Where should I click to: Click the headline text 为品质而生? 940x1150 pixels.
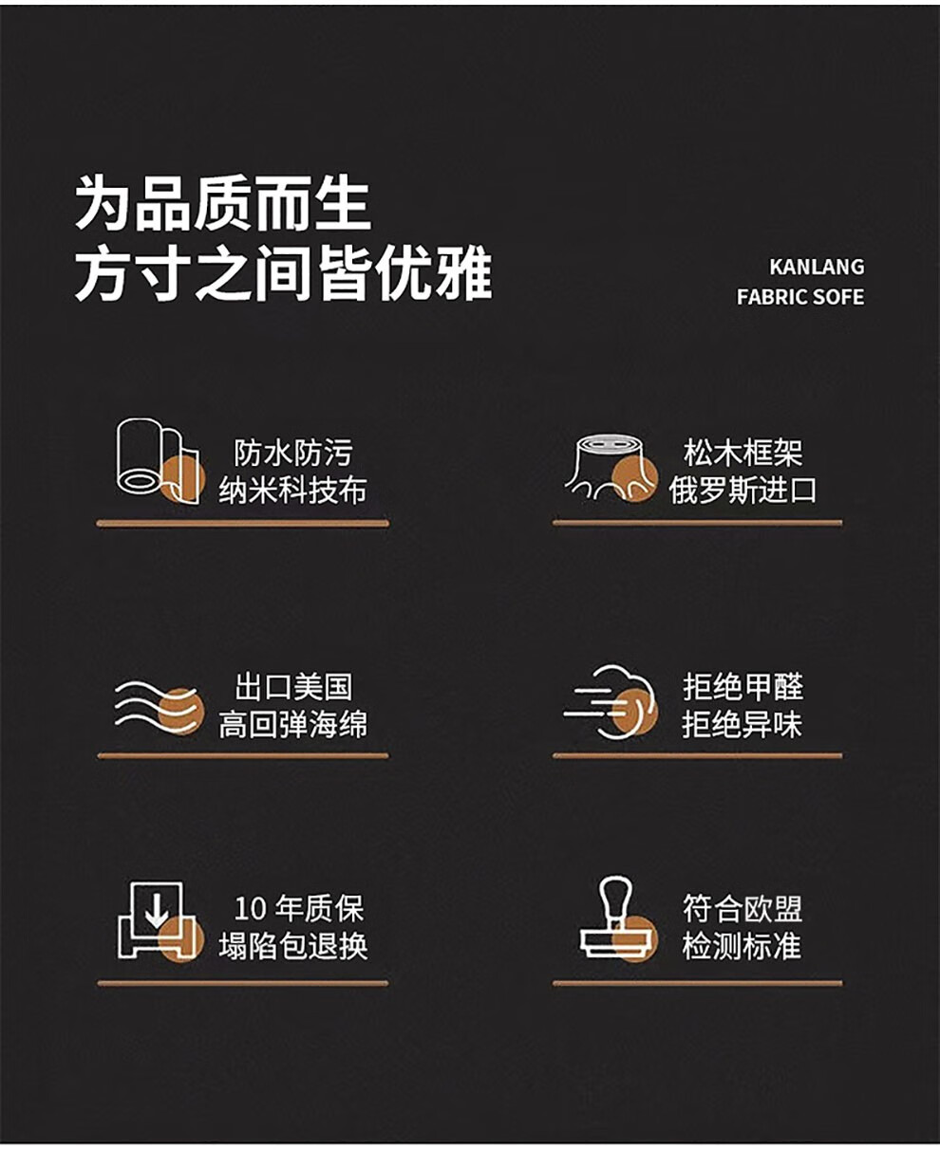(x=223, y=204)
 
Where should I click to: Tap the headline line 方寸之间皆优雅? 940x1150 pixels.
(x=284, y=273)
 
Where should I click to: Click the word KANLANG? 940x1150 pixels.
(x=817, y=268)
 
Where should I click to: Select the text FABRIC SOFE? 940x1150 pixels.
(x=800, y=297)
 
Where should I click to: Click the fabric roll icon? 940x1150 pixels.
(x=160, y=461)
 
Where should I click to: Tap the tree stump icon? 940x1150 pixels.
(x=611, y=468)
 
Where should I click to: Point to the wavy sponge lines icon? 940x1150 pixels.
(x=160, y=707)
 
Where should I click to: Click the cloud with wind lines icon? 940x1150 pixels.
(x=611, y=702)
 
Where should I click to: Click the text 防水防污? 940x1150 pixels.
(x=293, y=453)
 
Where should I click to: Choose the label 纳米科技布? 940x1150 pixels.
(x=293, y=491)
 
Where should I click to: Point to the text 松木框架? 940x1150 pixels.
(x=743, y=453)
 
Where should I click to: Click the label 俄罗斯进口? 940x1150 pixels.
(x=743, y=491)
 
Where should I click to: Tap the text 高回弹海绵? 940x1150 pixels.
(x=293, y=724)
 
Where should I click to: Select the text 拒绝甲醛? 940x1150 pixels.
(x=743, y=687)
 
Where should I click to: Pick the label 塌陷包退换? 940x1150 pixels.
(x=293, y=946)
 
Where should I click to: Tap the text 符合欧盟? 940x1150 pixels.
(x=743, y=908)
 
